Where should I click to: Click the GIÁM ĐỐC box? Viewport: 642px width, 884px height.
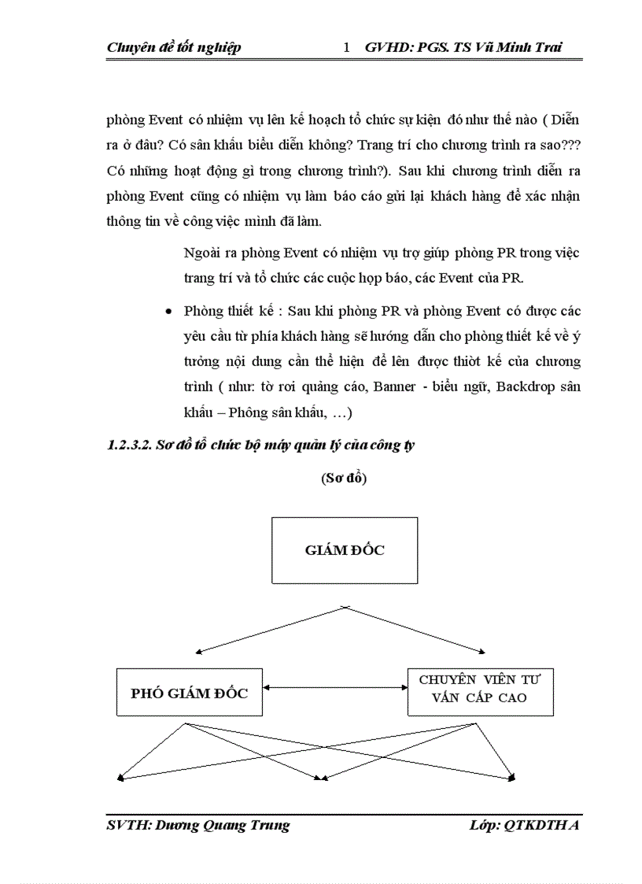[345, 550]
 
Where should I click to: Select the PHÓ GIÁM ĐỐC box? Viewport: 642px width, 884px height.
[189, 693]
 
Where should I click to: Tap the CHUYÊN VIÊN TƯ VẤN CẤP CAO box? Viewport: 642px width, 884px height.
[480, 689]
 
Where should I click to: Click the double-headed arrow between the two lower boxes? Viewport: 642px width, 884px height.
[335, 688]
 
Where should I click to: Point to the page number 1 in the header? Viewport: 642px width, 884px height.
[347, 47]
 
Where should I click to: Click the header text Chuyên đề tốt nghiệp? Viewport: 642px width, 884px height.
[174, 47]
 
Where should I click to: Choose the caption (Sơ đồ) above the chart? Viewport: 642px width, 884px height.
[344, 478]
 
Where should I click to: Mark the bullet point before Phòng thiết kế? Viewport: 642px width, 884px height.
[168, 313]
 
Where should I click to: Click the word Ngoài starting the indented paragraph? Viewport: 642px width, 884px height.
[200, 253]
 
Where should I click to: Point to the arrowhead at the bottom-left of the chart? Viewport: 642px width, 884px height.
[120, 779]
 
